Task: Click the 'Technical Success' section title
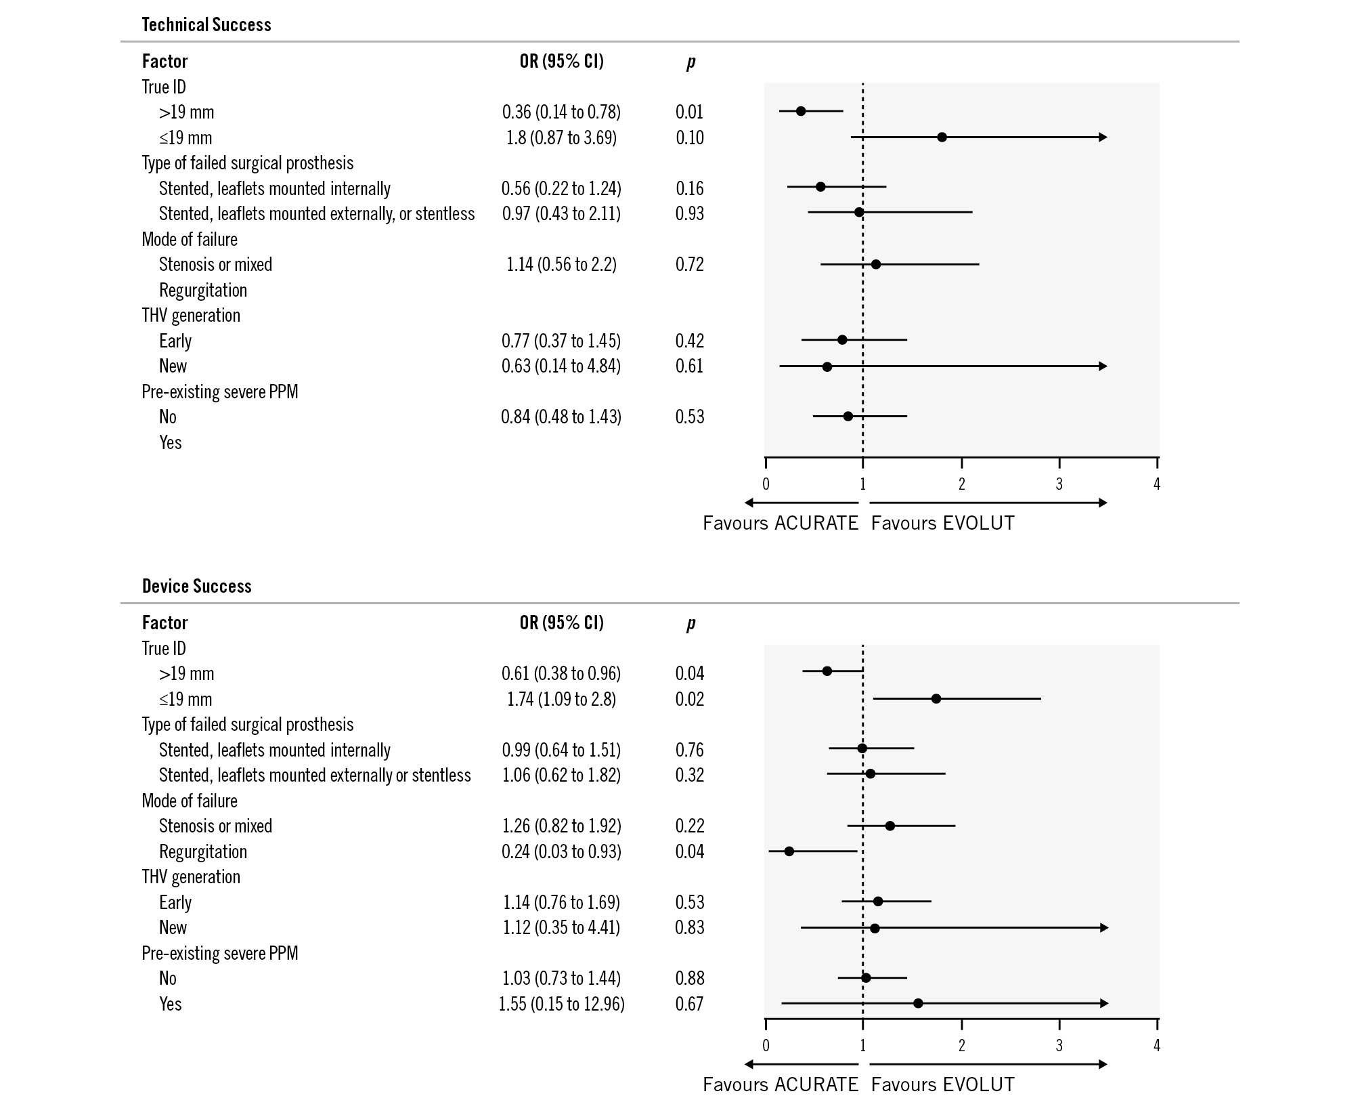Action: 206,25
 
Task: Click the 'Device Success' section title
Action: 196,587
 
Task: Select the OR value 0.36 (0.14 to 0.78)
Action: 561,112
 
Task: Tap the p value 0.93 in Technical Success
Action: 690,213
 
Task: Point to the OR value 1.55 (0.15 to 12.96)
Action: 561,1004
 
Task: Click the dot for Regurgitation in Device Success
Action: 789,851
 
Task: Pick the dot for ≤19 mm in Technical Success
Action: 942,137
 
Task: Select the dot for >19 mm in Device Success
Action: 827,671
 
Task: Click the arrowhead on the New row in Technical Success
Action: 1103,366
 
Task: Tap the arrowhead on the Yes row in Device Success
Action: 1104,1003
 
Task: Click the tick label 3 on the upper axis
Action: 1059,484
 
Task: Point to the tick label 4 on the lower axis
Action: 1157,1046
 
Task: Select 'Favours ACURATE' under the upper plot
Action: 780,524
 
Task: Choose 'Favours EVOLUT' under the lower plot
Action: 942,1085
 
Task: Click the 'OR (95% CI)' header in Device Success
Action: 561,622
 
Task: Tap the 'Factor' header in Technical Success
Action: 164,62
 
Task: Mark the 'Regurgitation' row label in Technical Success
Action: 203,291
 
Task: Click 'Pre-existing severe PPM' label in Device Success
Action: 219,954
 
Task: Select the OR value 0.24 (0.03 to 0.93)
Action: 561,851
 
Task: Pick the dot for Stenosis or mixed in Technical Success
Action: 875,264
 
